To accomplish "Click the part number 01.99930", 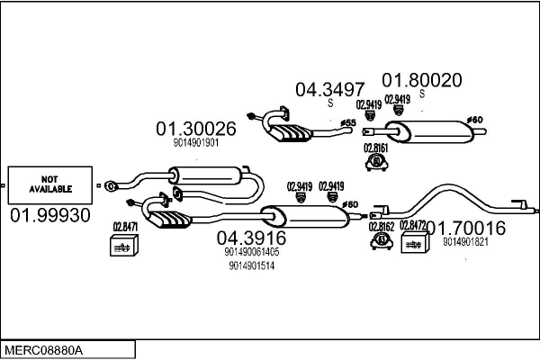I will pyautogui.click(x=50, y=217).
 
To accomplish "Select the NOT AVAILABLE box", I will pyautogui.click(x=50, y=184).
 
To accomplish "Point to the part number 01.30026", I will pyautogui.click(x=196, y=128).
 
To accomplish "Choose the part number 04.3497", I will pyautogui.click(x=329, y=89).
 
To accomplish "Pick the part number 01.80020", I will pyautogui.click(x=422, y=80).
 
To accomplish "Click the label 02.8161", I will pyautogui.click(x=376, y=148).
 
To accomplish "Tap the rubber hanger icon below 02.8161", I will pyautogui.click(x=376, y=163).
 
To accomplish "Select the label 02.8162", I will pyautogui.click(x=382, y=227).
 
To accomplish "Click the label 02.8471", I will pyautogui.click(x=125, y=227).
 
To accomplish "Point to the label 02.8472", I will pyautogui.click(x=413, y=225).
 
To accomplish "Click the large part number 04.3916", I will pyautogui.click(x=251, y=238).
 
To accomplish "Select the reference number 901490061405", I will pyautogui.click(x=251, y=252).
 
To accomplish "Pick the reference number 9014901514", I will pyautogui.click(x=251, y=265).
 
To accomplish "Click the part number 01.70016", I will pyautogui.click(x=466, y=228).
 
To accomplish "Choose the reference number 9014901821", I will pyautogui.click(x=466, y=241).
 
